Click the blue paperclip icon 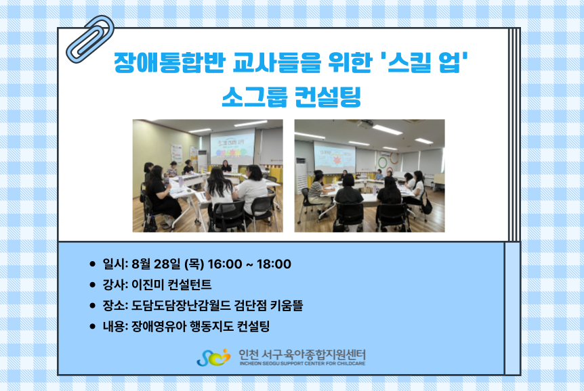pyautogui.click(x=89, y=39)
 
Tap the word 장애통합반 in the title pyautogui.click(x=169, y=62)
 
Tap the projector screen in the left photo pyautogui.click(x=232, y=146)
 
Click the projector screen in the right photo pyautogui.click(x=335, y=157)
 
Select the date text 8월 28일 pyautogui.click(x=157, y=264)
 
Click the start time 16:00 pyautogui.click(x=224, y=264)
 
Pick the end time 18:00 pyautogui.click(x=274, y=264)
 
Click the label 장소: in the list pyautogui.click(x=115, y=306)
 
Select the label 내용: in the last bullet pyautogui.click(x=115, y=326)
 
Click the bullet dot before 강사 pyautogui.click(x=93, y=285)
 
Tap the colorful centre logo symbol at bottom pyautogui.click(x=213, y=358)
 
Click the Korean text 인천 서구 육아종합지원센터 pyautogui.click(x=302, y=354)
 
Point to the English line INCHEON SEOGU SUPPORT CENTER pyautogui.click(x=302, y=363)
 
